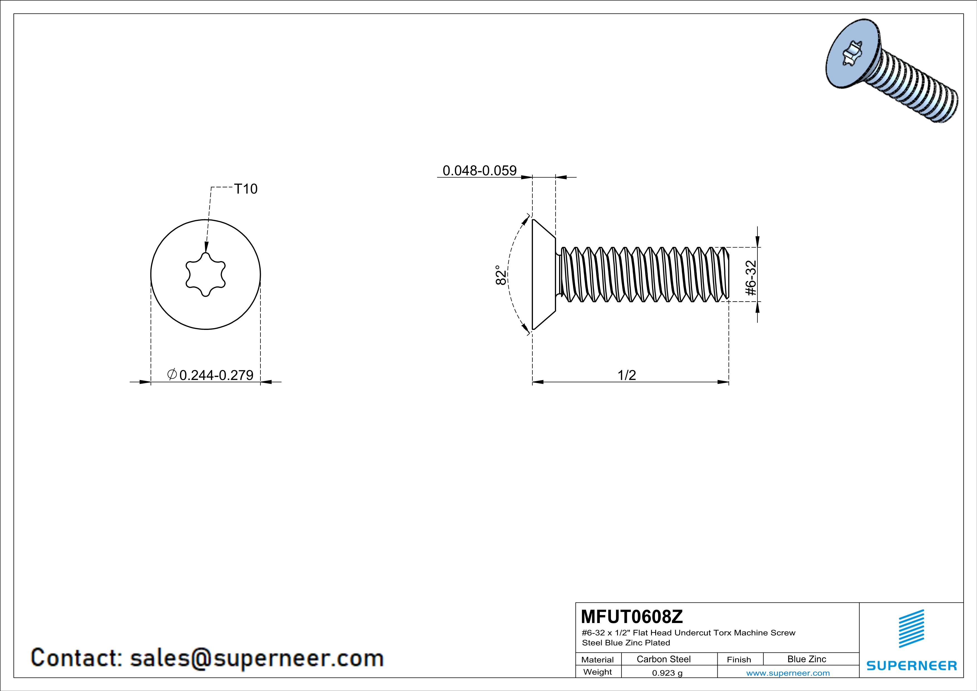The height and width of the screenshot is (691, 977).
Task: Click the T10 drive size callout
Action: (x=246, y=189)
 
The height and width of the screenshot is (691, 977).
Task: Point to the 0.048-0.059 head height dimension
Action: (x=479, y=171)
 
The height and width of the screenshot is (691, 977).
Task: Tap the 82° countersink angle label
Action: (x=501, y=275)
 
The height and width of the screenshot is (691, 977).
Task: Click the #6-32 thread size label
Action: (x=751, y=278)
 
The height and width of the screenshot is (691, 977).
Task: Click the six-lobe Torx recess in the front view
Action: (x=206, y=274)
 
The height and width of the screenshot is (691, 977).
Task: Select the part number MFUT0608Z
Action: (x=632, y=616)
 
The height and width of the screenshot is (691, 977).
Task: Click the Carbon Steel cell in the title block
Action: (x=663, y=659)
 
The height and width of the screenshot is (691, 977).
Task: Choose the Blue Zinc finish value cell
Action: (x=807, y=659)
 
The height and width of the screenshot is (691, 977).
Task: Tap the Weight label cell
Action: (x=598, y=672)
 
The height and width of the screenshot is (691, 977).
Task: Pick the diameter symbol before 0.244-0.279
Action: (x=172, y=374)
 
